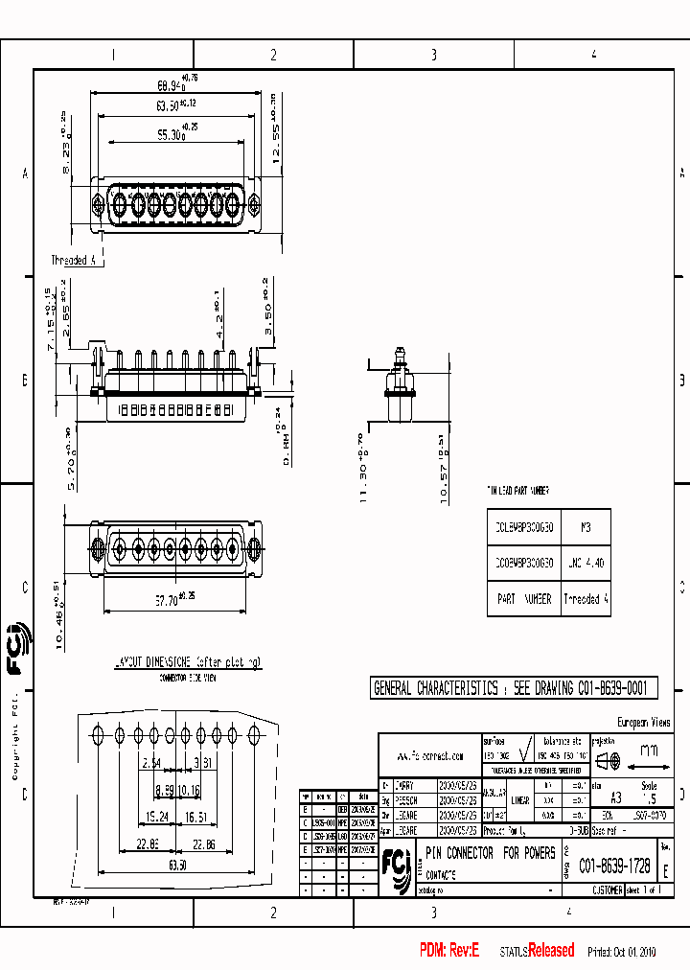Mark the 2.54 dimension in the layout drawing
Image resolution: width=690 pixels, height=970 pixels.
(x=151, y=763)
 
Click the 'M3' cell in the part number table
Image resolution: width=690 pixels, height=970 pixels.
(x=586, y=527)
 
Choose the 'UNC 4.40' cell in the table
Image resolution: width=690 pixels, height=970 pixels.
(x=586, y=564)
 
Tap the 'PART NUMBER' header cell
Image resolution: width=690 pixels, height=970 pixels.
(x=524, y=598)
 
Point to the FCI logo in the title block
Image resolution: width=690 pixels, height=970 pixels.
(x=396, y=863)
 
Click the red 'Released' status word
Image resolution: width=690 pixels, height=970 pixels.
(x=551, y=950)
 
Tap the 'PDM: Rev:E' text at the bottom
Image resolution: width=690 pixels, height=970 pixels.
(x=448, y=950)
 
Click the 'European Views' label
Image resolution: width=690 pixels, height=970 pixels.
(x=643, y=722)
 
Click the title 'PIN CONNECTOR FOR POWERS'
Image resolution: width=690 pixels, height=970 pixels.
(x=490, y=852)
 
